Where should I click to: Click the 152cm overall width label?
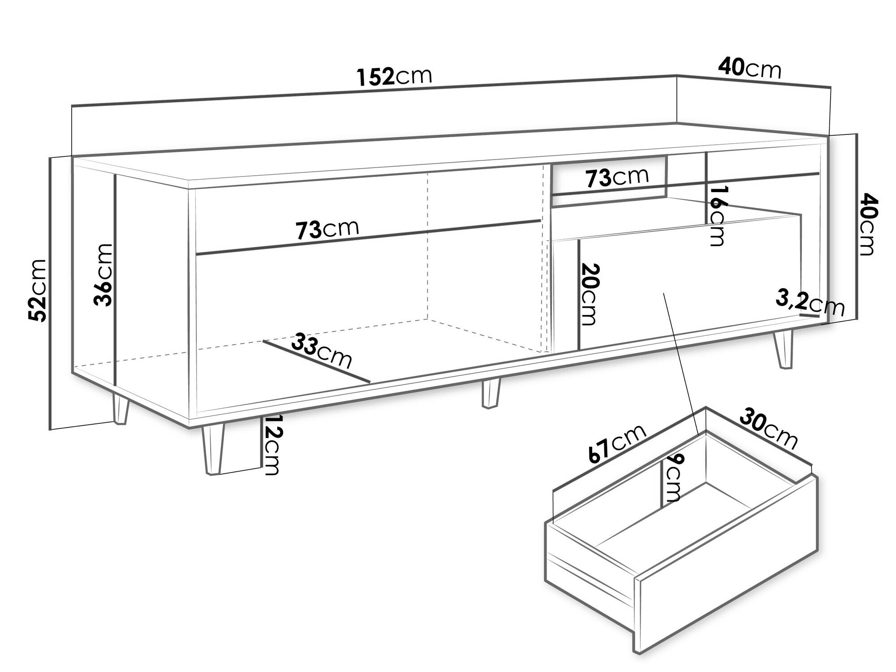(x=395, y=77)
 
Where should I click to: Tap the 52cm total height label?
(x=37, y=290)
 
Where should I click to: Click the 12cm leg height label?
(x=271, y=445)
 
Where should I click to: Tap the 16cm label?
(x=716, y=215)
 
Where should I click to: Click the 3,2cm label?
(x=810, y=305)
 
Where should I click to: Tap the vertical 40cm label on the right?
(x=865, y=224)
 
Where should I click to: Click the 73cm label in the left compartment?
(x=327, y=229)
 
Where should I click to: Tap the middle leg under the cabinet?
(x=490, y=393)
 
